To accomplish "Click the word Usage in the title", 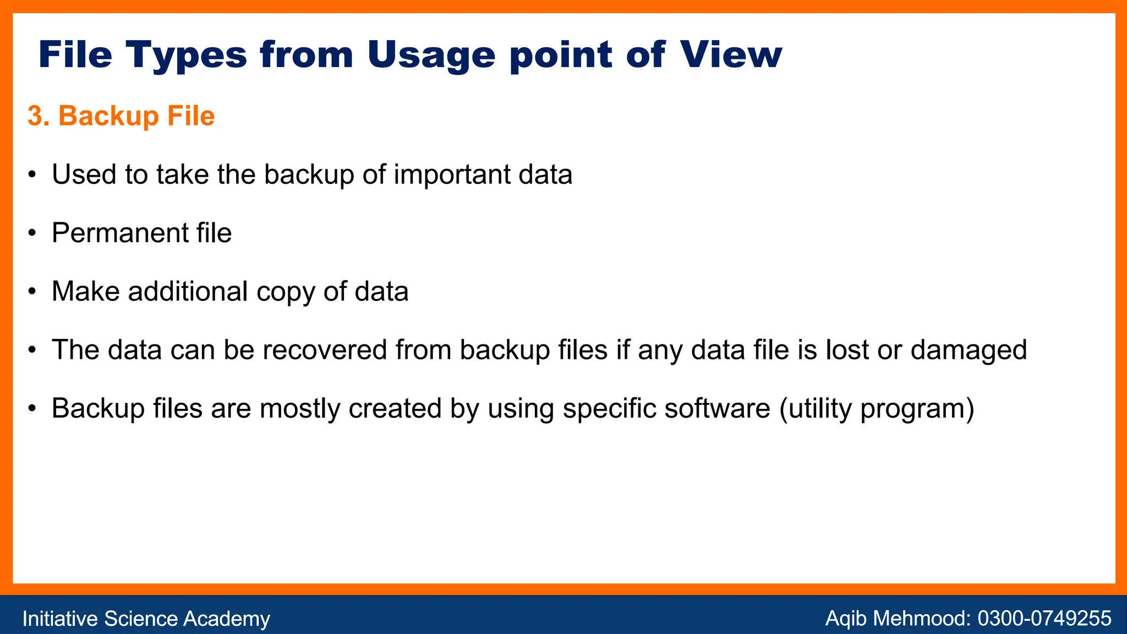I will [x=431, y=55].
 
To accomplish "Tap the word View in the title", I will [x=730, y=55].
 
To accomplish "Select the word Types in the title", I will [x=186, y=55].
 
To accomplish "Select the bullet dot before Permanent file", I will [x=32, y=233].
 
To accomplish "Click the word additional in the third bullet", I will [x=188, y=291].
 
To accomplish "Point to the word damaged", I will [x=969, y=350].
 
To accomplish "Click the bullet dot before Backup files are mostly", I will [x=32, y=408].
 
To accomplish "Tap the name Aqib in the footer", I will [x=846, y=619].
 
